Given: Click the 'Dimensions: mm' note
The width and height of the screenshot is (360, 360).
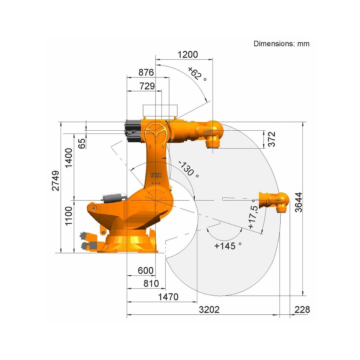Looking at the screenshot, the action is click(281, 44).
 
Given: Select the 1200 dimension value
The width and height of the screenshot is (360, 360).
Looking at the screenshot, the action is click(188, 55).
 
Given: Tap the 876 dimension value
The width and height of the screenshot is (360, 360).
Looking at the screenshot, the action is click(146, 73).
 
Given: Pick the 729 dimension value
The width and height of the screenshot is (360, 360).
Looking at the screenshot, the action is click(147, 86).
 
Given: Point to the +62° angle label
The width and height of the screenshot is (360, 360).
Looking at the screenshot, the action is click(197, 74).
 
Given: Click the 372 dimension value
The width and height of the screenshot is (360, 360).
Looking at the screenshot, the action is click(272, 139).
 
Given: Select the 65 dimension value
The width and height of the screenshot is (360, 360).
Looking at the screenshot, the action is click(82, 143).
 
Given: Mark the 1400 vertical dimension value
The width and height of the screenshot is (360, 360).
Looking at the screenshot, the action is click(69, 158).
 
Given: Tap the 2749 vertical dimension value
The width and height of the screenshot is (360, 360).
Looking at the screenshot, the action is click(55, 181).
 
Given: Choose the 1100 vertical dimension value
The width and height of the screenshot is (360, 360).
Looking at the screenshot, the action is click(69, 216).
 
